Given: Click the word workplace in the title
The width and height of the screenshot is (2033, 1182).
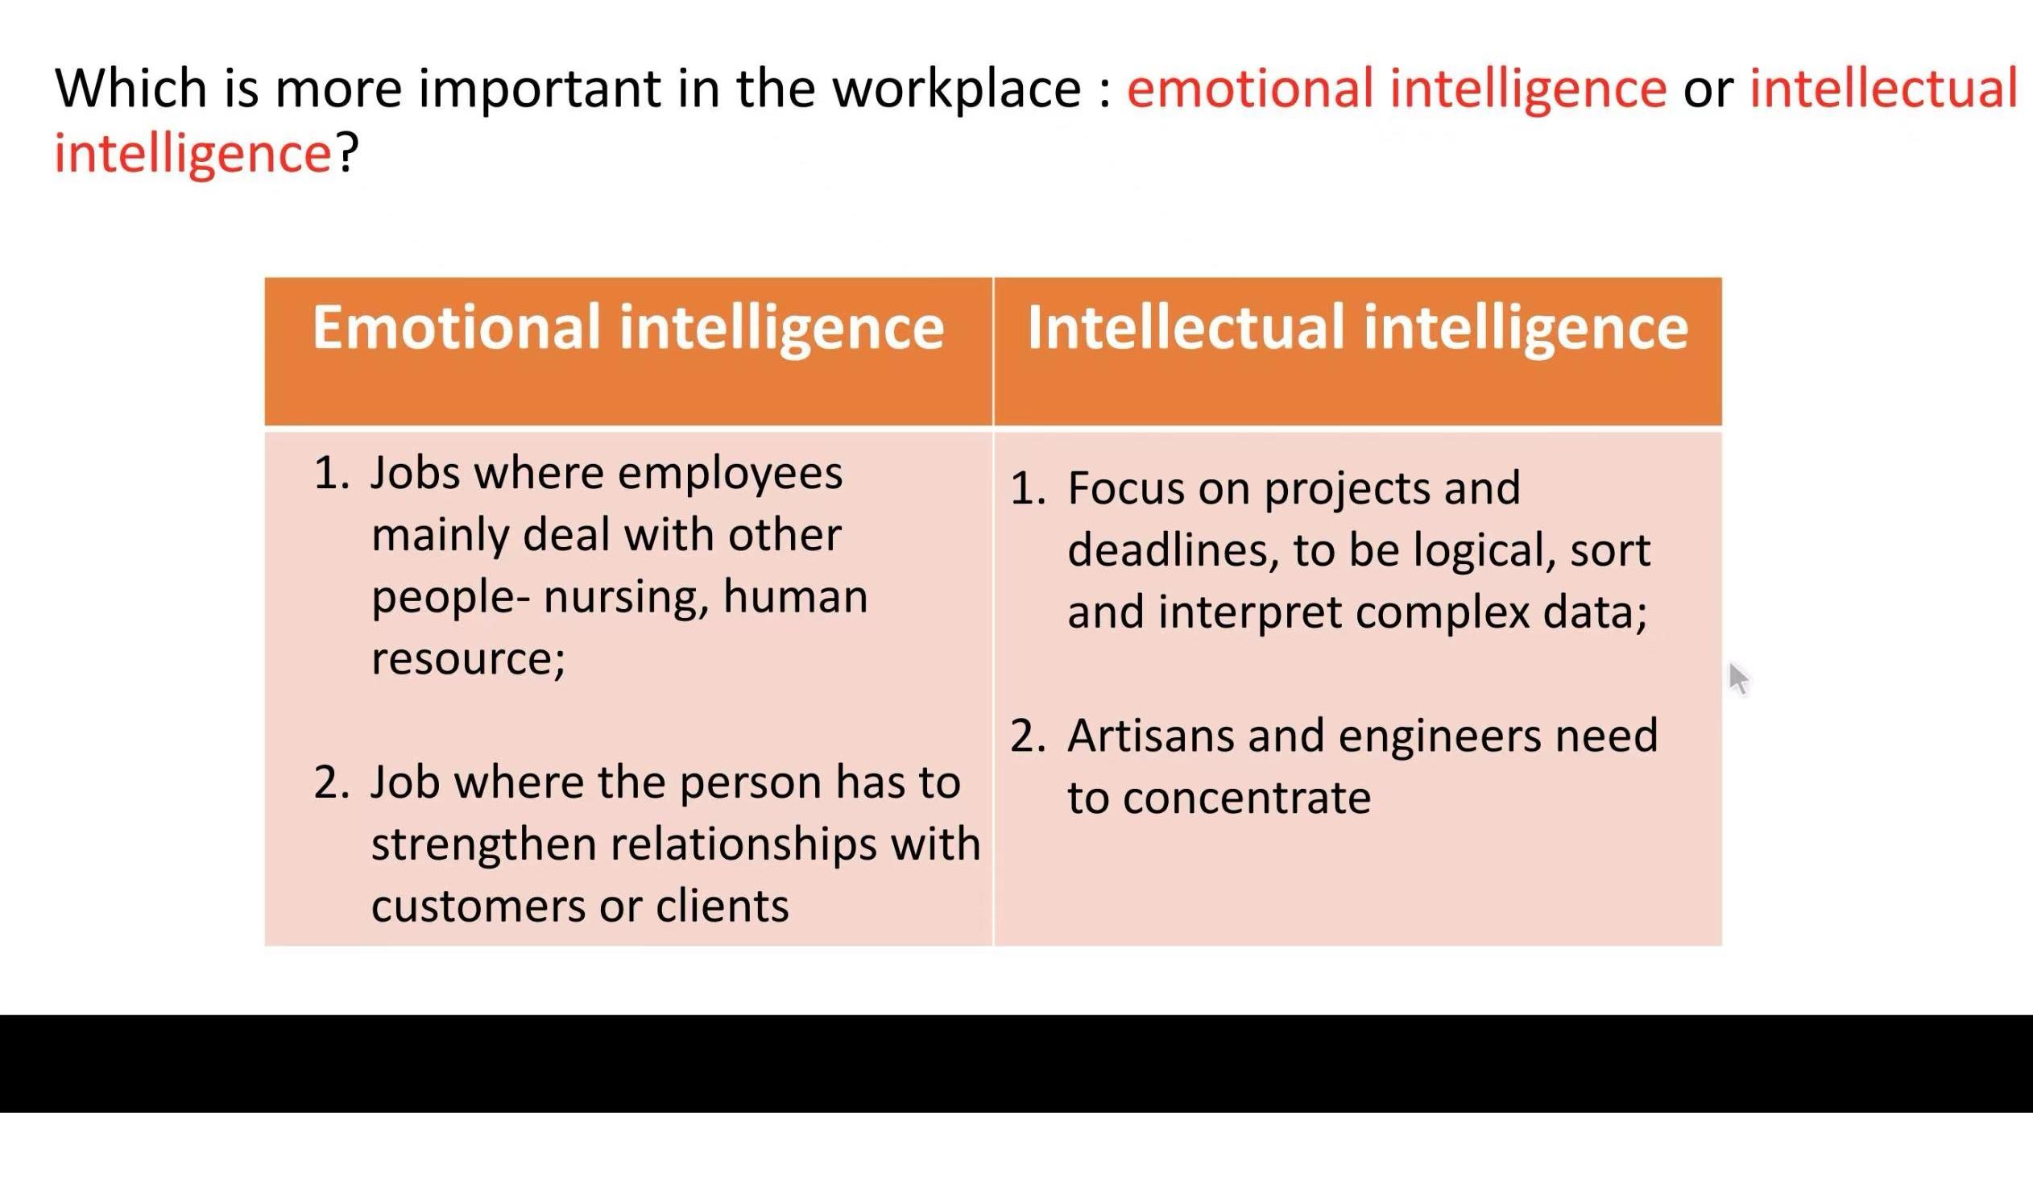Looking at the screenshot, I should click(956, 89).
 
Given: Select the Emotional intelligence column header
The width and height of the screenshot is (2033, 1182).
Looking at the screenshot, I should click(627, 328).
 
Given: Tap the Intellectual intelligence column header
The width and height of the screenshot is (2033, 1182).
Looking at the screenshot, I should click(1357, 328).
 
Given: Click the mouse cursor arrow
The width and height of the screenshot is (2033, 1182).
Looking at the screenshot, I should click(1737, 678).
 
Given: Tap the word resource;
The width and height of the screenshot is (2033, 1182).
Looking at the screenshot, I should click(468, 659).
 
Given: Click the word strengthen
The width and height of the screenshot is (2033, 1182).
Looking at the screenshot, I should click(482, 845).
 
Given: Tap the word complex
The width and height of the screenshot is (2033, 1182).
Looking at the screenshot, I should click(1442, 613).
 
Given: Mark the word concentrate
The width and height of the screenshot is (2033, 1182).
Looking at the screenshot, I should click(1246, 798).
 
